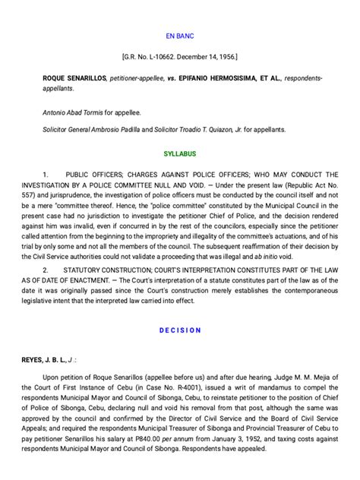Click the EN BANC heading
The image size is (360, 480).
[x=180, y=36]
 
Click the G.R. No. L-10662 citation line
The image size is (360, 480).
[x=180, y=57]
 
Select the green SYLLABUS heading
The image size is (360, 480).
[x=180, y=153]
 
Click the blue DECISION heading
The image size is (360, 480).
[x=180, y=330]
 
